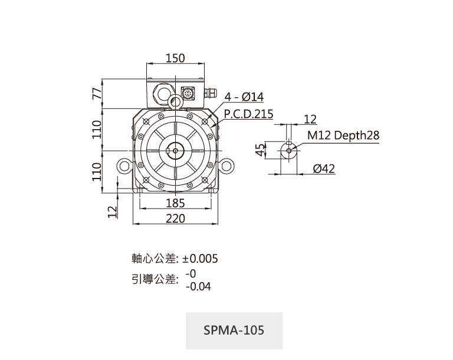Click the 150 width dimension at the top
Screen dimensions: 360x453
pos(175,58)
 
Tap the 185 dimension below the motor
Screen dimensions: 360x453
pos(175,203)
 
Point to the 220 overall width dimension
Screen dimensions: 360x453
pos(175,219)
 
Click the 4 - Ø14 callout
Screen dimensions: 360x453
pos(244,97)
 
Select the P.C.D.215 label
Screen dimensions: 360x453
pos(248,114)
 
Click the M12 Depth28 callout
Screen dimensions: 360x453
pos(343,136)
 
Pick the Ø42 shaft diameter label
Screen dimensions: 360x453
pos(324,169)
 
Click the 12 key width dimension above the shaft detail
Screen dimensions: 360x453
pos(310,120)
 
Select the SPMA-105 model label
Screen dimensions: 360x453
pos(234,330)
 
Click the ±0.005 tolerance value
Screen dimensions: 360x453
pos(200,259)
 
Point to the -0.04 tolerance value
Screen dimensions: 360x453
pos(198,287)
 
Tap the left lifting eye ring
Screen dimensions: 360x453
pos(123,166)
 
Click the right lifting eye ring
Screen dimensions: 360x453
pos(227,166)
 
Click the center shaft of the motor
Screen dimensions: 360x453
pos(175,150)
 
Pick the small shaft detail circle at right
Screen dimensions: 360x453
pos(288,150)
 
